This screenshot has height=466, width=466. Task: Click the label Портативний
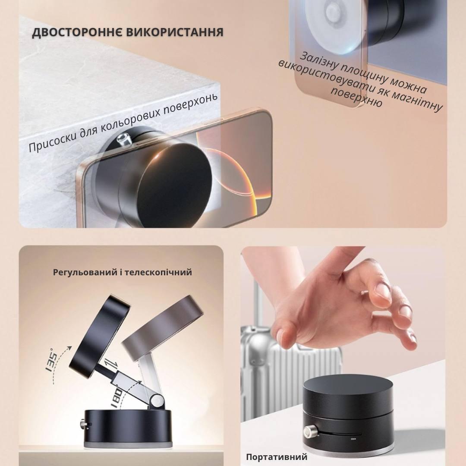click(277, 457)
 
